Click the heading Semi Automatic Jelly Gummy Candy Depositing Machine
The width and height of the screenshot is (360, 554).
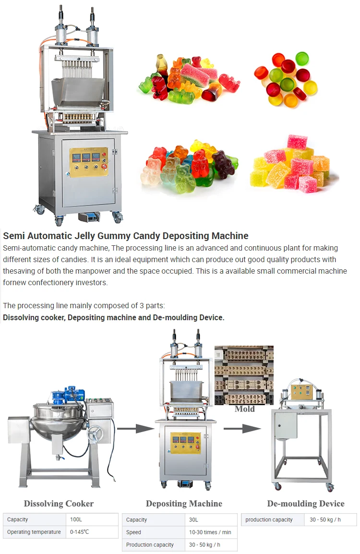(126, 236)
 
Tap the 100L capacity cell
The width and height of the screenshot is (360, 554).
(75, 519)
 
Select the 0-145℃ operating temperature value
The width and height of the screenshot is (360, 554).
(80, 532)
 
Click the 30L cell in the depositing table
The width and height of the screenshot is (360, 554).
(194, 520)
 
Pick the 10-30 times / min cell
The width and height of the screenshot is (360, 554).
(210, 532)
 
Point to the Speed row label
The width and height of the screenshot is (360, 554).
(133, 532)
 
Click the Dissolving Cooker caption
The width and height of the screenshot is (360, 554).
(59, 504)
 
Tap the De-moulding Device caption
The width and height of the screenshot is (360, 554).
(306, 504)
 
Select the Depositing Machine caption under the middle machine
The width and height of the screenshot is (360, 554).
(184, 504)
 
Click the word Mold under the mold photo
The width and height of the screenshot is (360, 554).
(244, 409)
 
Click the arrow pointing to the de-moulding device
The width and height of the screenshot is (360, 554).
(242, 428)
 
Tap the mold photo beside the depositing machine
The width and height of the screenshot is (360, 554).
(244, 374)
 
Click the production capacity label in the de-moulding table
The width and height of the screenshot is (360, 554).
(269, 520)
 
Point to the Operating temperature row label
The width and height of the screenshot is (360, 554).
(34, 532)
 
